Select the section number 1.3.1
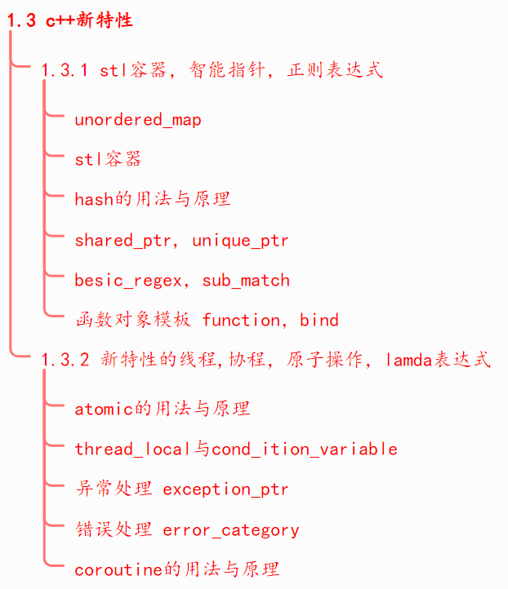pyautogui.click(x=65, y=70)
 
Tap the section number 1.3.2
pyautogui.click(x=65, y=360)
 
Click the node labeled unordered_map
pyautogui.click(x=137, y=120)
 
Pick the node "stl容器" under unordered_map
pyautogui.click(x=108, y=159)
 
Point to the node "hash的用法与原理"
pyautogui.click(x=153, y=199)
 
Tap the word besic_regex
pyautogui.click(x=127, y=281)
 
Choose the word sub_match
pyautogui.click(x=246, y=281)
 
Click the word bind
pyautogui.click(x=319, y=320)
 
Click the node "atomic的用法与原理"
pyautogui.click(x=163, y=409)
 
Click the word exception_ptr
pyautogui.click(x=225, y=489)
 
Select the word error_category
pyautogui.click(x=231, y=530)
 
